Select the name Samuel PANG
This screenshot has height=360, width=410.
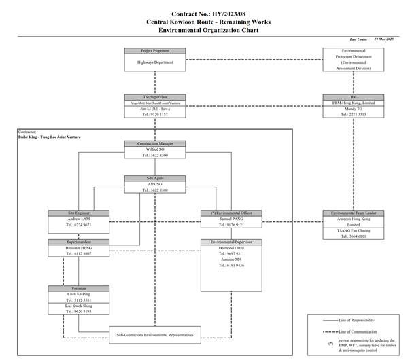tap(227, 219)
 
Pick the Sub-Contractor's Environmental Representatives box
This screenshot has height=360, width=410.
tap(156, 335)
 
